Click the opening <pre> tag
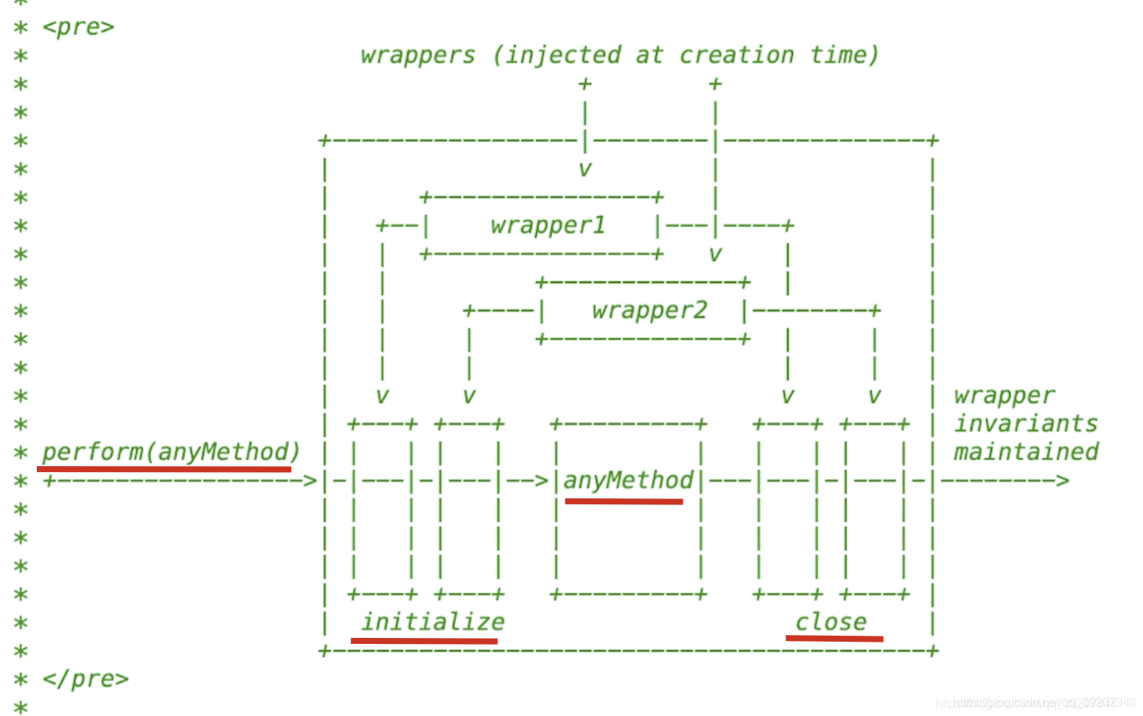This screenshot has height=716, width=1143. [x=78, y=27]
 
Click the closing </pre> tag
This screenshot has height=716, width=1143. [x=85, y=678]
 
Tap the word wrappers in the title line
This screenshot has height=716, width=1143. [x=418, y=56]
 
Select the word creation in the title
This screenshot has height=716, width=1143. [x=736, y=55]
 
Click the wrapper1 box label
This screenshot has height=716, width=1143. [x=547, y=225]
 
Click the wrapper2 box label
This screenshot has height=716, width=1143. [x=649, y=310]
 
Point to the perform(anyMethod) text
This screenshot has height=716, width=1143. [x=170, y=452]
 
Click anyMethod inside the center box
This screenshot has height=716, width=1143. [x=628, y=480]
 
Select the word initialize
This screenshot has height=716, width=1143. [x=433, y=621]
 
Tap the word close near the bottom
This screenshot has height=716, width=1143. [x=831, y=621]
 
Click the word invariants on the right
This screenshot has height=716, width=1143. [x=1025, y=424]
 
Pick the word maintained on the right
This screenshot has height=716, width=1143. [x=1026, y=452]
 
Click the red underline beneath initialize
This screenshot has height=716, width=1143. [x=424, y=641]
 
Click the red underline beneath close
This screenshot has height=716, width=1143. [x=834, y=639]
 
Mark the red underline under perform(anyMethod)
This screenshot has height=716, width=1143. [x=164, y=469]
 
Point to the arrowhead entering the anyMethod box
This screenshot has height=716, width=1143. [x=541, y=480]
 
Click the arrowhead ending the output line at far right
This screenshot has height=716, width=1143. [x=1062, y=480]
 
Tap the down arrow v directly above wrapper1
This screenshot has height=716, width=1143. [x=585, y=170]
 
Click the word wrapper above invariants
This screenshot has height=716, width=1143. [x=1004, y=396]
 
